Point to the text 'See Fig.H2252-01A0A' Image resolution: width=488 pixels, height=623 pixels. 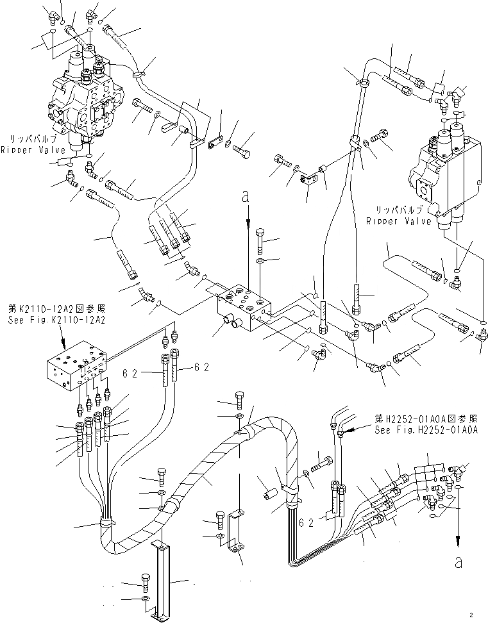point(426,431)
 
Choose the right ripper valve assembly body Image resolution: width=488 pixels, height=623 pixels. point(445,173)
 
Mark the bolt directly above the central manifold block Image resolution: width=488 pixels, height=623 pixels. point(260,240)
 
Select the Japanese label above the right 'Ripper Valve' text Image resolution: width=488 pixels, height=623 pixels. point(392,210)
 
